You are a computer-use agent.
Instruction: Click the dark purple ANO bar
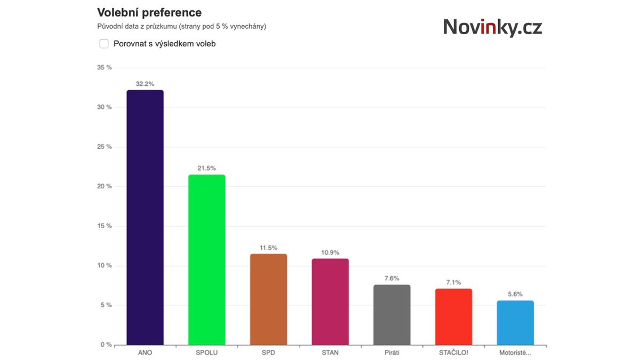[x=145, y=218]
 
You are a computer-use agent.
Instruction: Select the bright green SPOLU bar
[x=206, y=260]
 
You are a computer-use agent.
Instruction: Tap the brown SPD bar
[x=268, y=299]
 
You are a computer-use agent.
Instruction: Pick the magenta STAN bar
[x=330, y=302]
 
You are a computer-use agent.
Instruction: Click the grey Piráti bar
[x=392, y=315]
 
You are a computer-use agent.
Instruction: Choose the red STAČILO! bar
[x=453, y=317]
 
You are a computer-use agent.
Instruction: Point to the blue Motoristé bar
[x=515, y=323]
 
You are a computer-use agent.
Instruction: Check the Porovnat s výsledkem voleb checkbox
[x=104, y=44]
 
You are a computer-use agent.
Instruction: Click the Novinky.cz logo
[x=492, y=27]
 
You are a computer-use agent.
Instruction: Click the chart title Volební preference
[x=149, y=12]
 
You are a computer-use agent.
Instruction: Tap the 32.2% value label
[x=145, y=84]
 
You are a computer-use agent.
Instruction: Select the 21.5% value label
[x=206, y=169]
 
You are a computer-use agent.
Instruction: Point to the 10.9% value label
[x=330, y=252]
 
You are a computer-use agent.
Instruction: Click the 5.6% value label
[x=515, y=294]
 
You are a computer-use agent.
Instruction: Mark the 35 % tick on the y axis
[x=105, y=68]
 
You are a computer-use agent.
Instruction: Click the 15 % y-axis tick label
[x=105, y=226]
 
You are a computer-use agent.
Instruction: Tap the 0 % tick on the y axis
[x=106, y=345]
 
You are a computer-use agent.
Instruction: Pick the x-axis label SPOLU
[x=206, y=353]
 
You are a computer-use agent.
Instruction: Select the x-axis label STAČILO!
[x=453, y=353]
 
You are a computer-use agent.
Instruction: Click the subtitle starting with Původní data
[x=181, y=26]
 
